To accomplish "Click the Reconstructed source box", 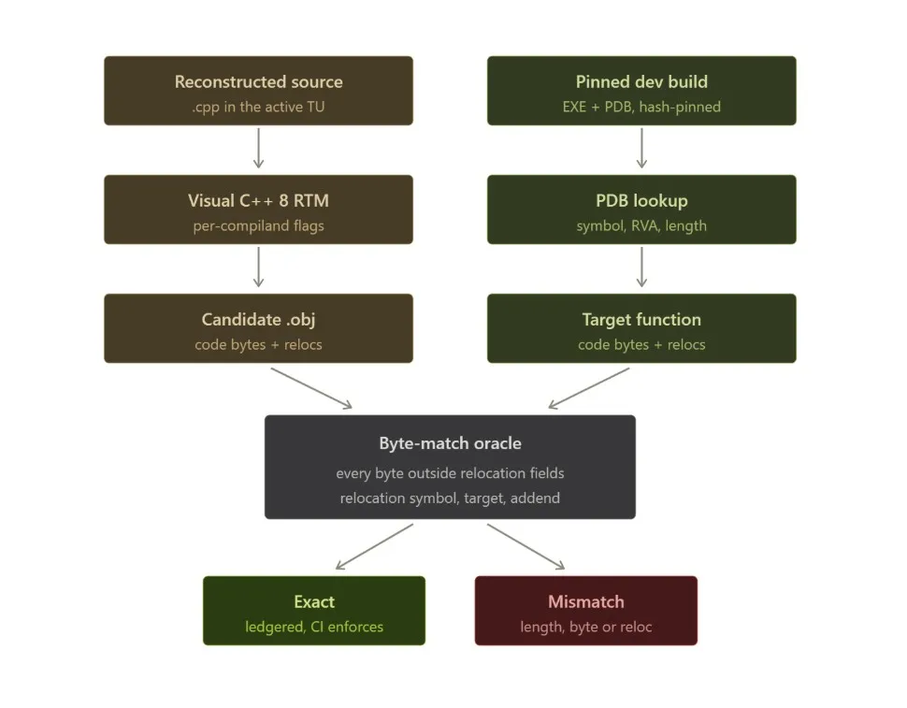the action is (x=259, y=91).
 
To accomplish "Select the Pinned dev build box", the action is (x=641, y=91).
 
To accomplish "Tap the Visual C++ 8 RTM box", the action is (x=259, y=210).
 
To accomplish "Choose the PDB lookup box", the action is (x=641, y=210).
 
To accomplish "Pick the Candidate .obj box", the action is (x=259, y=328).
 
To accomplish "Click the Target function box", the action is (x=641, y=328).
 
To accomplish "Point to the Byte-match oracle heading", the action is (x=450, y=443).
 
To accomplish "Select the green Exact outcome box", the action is (x=314, y=610).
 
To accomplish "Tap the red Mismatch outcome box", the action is (x=586, y=610).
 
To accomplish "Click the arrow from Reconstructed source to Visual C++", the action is (x=259, y=148).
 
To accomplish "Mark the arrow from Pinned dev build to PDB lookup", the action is (x=641, y=148).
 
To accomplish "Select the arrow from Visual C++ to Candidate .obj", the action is (x=259, y=267).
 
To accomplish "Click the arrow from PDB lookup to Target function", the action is (x=641, y=267).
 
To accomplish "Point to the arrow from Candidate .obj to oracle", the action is (x=311, y=388).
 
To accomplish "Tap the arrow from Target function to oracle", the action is (x=589, y=388).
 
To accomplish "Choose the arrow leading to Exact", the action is (x=374, y=546).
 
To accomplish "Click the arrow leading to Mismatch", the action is (x=525, y=546).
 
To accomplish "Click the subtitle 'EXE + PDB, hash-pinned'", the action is (x=641, y=107).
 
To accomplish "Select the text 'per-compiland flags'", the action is (x=259, y=225).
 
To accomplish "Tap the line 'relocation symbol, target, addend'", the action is (x=450, y=498).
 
